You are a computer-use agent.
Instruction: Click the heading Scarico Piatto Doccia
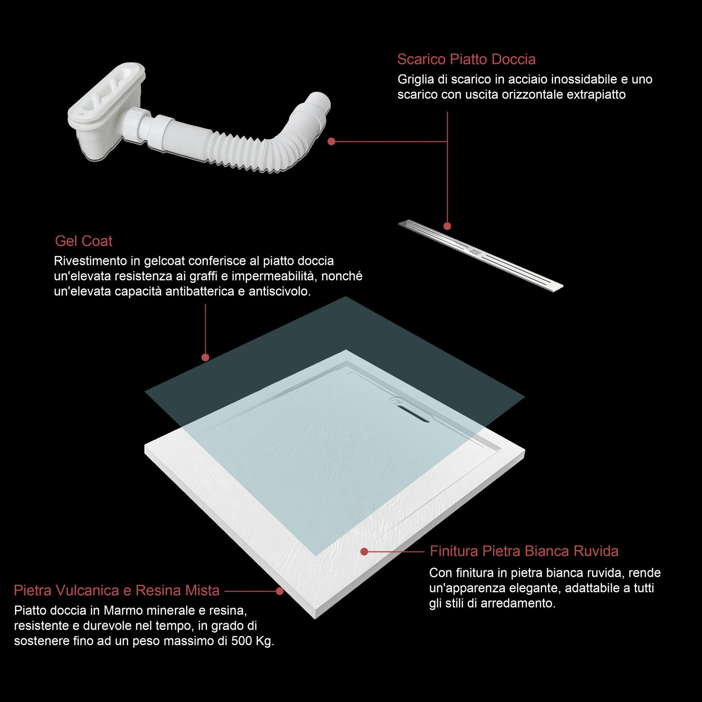[x=466, y=59]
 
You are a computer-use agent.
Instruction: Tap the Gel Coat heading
[x=84, y=241]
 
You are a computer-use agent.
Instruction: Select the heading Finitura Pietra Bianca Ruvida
[x=524, y=551]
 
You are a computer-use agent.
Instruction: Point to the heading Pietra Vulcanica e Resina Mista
[x=117, y=591]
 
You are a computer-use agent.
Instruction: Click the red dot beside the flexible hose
[x=331, y=141]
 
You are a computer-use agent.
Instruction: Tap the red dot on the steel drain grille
[x=447, y=226]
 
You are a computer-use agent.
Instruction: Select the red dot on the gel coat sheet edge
[x=205, y=358]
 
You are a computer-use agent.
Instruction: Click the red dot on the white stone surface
[x=364, y=552]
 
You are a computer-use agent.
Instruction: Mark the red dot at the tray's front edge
[x=280, y=591]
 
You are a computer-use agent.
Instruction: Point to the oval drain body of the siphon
[x=106, y=95]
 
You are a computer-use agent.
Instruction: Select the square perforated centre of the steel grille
[x=474, y=251]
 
